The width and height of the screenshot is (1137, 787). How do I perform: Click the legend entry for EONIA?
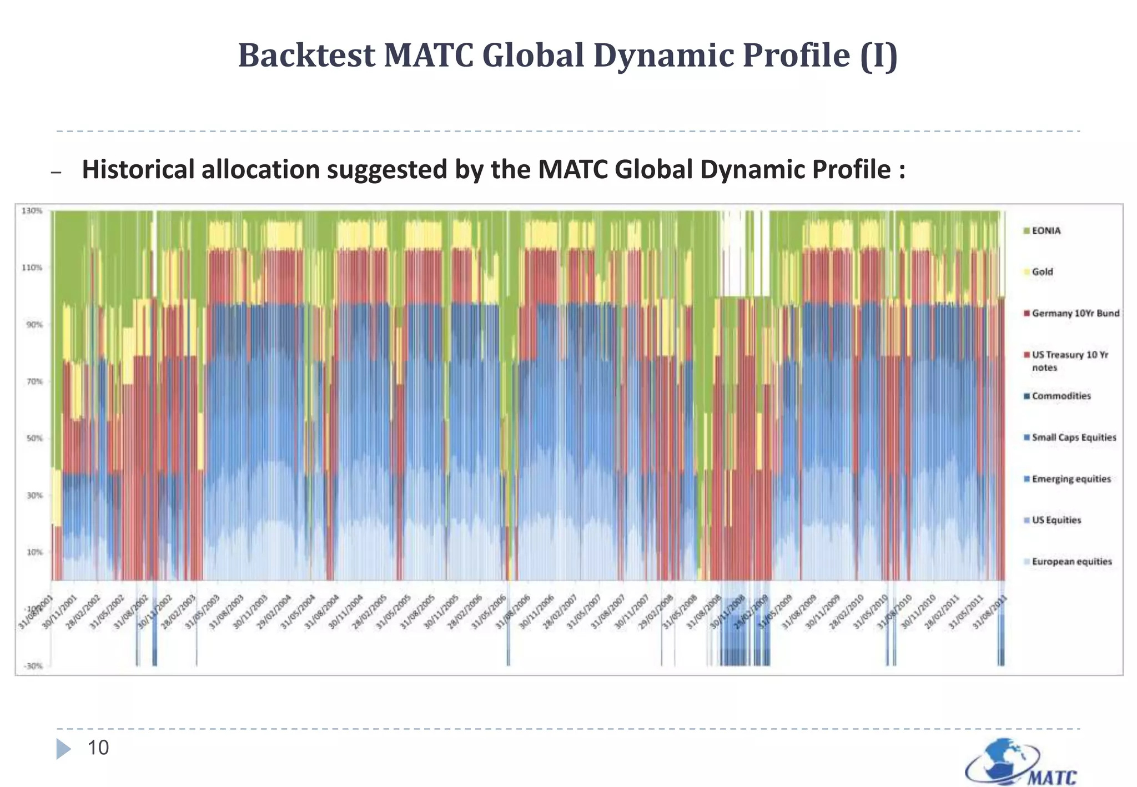[x=1046, y=231]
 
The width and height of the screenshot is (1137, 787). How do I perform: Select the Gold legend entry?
[x=1042, y=272]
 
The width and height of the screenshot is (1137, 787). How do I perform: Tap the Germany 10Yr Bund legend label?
[x=1075, y=314]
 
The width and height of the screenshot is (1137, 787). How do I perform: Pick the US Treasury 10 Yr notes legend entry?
[x=1069, y=361]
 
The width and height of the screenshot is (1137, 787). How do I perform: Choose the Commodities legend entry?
[x=1061, y=396]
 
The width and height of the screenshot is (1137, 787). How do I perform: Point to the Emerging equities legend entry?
[x=1071, y=479]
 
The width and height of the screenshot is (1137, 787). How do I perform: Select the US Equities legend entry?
[x=1056, y=520]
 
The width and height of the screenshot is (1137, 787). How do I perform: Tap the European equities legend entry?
[x=1071, y=562]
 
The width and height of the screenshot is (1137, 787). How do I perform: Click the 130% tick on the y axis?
[x=32, y=211]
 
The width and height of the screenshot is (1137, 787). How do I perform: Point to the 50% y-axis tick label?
[x=32, y=438]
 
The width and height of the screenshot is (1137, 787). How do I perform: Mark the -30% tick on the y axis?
[x=32, y=666]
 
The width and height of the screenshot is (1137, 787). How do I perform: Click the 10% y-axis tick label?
[x=32, y=552]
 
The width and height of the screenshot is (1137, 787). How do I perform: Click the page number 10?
[x=98, y=748]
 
